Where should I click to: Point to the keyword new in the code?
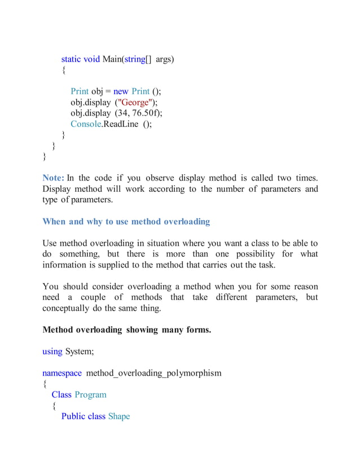click(121, 91)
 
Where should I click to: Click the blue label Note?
click(54, 178)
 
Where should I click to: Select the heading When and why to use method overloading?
click(126, 221)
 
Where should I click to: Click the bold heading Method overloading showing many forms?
click(126, 329)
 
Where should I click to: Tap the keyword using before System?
click(52, 351)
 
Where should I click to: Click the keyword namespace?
click(62, 373)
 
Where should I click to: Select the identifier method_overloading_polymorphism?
click(153, 373)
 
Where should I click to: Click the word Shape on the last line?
click(118, 416)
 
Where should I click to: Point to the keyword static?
click(71, 59)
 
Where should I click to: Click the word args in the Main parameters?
click(164, 59)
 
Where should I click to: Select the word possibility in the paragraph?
click(261, 254)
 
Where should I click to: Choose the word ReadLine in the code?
click(118, 124)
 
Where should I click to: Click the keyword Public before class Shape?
click(73, 416)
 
